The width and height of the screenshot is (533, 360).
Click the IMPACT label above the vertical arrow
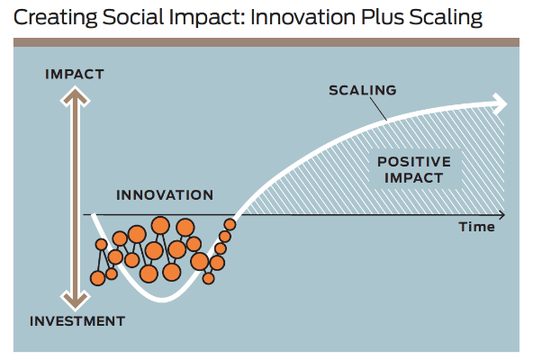pos(75,74)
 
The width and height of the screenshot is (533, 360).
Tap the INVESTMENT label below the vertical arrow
pos(77,321)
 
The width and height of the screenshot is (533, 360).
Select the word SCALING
pos(362,90)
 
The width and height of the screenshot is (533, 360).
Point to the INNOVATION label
pos(165,195)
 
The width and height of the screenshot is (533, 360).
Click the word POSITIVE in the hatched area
pos(414,162)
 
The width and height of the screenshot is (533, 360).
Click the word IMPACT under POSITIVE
pos(413,178)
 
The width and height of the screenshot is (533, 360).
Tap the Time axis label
pos(476,227)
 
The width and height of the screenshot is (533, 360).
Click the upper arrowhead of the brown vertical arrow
pos(75,97)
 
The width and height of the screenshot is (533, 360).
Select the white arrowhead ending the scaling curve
pos(499,103)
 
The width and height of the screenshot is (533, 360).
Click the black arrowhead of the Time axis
pos(501,215)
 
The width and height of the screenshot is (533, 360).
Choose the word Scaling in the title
pos(446,18)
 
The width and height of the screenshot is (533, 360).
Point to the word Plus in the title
pos(382,17)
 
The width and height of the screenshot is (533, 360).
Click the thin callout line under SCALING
pos(378,109)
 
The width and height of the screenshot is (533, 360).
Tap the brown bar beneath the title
pos(266,42)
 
